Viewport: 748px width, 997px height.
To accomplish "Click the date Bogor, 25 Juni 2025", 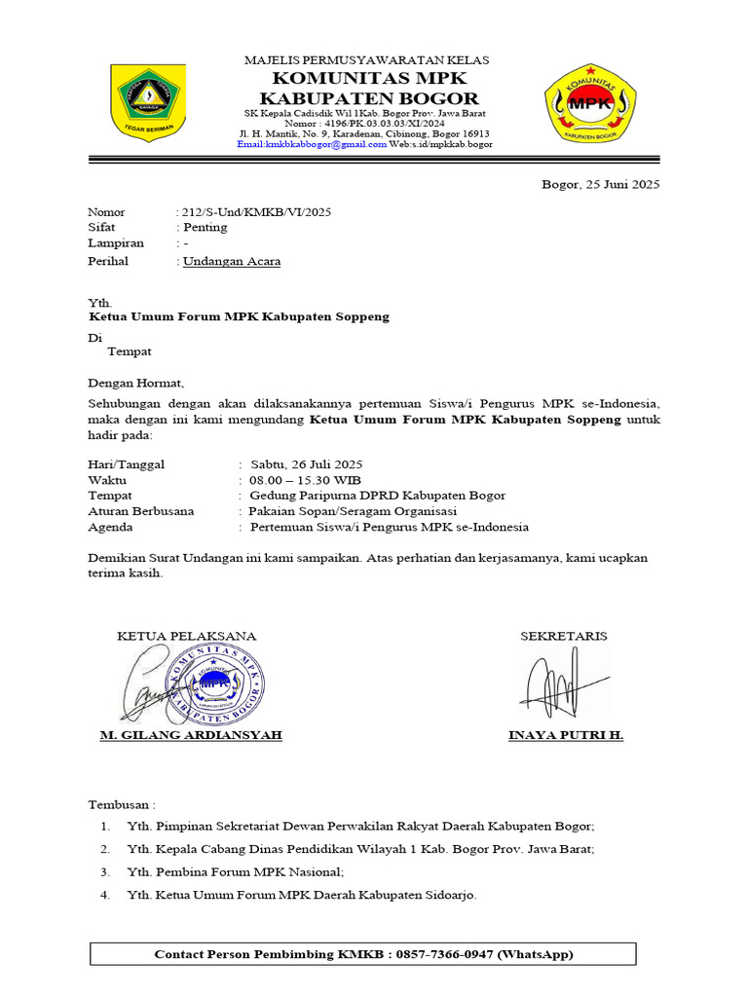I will coord(600,185).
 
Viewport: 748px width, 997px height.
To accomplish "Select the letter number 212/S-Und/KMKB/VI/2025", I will coord(255,212).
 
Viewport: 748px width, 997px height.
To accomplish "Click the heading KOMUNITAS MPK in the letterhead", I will coord(368,78).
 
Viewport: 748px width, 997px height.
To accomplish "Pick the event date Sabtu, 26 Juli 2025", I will coord(306,464).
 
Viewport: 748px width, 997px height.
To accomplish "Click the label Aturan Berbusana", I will coord(141,511).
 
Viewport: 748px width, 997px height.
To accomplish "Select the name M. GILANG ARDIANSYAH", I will coord(191,735).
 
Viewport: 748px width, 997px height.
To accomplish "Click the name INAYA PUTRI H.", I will coord(566,735).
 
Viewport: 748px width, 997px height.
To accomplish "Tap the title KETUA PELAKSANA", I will coord(187,636).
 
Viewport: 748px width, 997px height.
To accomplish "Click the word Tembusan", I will coord(121,805).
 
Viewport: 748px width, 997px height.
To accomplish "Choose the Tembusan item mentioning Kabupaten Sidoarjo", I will coord(302,895).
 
